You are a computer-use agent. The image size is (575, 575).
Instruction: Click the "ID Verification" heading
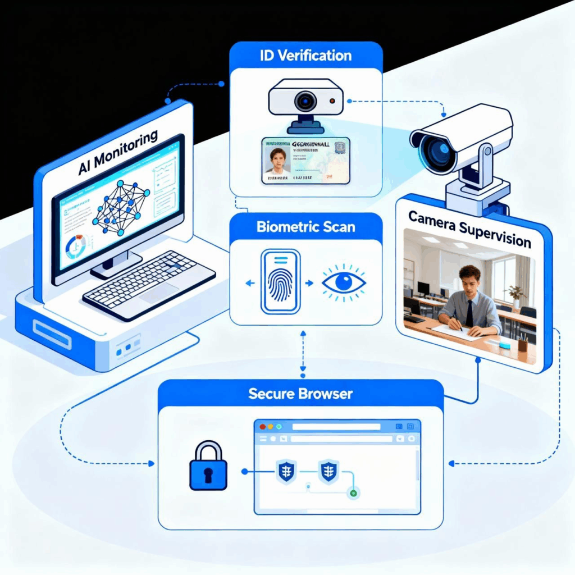(x=306, y=56)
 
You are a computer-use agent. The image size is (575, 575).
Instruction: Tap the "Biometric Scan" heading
(x=306, y=228)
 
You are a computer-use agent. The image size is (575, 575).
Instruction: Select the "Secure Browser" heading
(x=300, y=393)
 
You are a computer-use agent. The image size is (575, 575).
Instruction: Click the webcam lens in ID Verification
(x=305, y=102)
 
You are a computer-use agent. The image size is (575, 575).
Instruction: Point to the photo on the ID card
(x=277, y=161)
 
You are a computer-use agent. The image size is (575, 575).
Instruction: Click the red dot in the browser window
(x=263, y=427)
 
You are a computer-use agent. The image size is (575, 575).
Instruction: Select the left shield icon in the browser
(x=286, y=472)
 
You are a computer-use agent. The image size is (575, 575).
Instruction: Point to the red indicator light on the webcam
(x=332, y=102)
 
